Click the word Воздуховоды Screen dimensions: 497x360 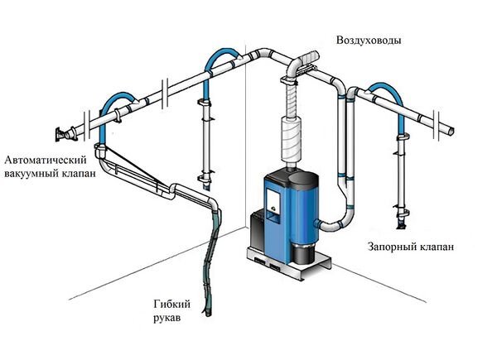(369, 41)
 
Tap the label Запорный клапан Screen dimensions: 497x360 (411, 247)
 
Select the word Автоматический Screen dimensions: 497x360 (46, 160)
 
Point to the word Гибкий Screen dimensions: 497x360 (171, 305)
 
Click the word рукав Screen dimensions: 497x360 (167, 318)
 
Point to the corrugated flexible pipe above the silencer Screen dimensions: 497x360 (292, 99)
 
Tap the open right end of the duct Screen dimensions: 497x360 (451, 130)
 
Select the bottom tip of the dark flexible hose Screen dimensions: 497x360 (207, 313)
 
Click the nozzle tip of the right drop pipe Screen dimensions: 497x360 (401, 224)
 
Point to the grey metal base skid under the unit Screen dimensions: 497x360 (288, 263)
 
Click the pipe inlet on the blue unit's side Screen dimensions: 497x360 (317, 223)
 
